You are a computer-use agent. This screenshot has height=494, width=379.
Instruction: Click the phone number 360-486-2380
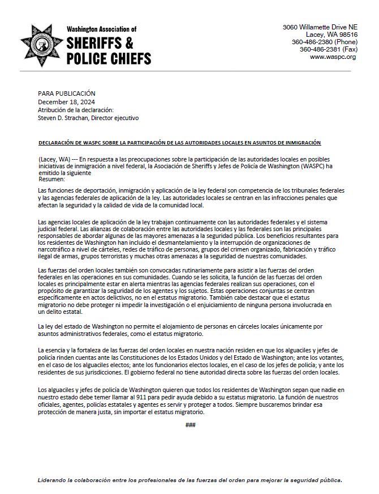[312, 42]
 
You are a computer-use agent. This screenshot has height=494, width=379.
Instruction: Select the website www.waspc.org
[333, 57]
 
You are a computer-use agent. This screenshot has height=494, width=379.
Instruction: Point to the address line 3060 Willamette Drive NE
[320, 27]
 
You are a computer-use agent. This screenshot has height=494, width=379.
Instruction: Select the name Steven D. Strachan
[62, 118]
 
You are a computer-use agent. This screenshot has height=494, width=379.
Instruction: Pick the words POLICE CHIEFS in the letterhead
[109, 58]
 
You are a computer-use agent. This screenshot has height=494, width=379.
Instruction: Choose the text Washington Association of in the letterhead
[101, 29]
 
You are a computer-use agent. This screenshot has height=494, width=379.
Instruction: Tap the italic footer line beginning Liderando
[189, 480]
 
